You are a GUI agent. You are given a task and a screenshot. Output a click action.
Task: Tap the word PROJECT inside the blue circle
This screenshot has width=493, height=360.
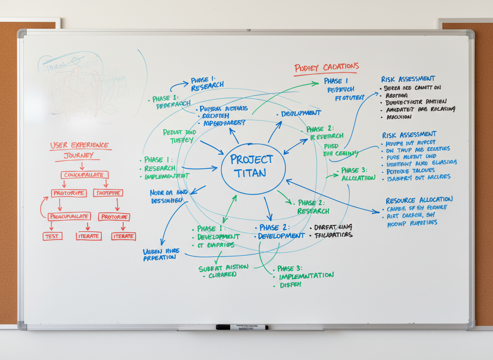coord(251,160)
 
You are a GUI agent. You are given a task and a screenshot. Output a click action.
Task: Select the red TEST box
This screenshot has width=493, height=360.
coord(52,236)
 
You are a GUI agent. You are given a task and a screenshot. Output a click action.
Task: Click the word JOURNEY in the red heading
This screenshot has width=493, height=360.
coord(79,156)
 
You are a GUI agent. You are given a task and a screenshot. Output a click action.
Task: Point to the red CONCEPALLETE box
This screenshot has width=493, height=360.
coord(85,175)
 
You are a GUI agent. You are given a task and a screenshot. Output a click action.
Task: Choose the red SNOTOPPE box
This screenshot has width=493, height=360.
coord(108,193)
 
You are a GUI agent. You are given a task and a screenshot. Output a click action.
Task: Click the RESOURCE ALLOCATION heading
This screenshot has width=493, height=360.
coord(419,200)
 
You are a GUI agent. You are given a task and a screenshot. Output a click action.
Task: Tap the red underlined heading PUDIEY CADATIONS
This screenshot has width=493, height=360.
coord(326,67)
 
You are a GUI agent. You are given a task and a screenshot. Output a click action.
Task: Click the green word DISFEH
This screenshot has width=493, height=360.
coord(291,285)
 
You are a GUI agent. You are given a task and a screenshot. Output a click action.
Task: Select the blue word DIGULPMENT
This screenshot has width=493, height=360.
coord(301,113)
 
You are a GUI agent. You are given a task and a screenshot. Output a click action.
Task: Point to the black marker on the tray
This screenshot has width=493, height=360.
coord(242,327)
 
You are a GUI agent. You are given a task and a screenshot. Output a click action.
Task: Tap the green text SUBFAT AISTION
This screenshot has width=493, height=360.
coord(223,267)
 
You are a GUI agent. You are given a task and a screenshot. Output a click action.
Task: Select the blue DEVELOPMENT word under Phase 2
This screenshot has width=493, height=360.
coord(281,236)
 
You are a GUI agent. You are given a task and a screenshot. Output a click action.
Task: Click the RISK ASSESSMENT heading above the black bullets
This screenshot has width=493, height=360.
coord(408,79)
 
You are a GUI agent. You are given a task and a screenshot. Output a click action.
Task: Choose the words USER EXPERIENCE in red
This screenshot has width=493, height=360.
coord(79,145)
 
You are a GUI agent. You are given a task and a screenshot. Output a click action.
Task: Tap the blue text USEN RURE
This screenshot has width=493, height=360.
coord(161,251)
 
